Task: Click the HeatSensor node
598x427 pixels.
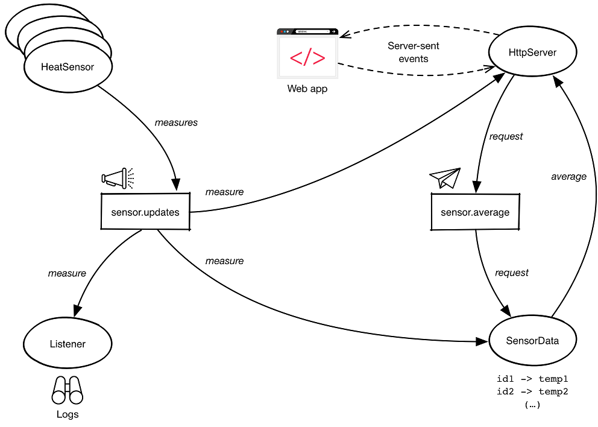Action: (68, 67)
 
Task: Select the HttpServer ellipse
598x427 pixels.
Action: (532, 53)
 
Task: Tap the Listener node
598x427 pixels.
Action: (68, 344)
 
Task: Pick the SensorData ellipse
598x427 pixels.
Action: (532, 341)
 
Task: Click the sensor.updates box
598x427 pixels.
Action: (145, 212)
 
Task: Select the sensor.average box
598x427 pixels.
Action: (475, 212)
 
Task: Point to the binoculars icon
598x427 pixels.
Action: (67, 391)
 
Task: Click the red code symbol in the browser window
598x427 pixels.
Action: (307, 59)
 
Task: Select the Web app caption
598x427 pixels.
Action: (307, 89)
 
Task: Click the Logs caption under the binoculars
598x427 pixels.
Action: (68, 414)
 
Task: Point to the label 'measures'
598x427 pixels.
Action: (176, 122)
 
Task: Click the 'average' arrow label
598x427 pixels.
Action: (568, 177)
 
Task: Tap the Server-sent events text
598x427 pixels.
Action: (414, 52)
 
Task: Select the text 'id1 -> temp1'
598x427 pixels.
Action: (532, 379)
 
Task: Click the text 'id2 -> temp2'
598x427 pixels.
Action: (532, 392)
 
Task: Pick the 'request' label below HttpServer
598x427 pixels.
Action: (506, 136)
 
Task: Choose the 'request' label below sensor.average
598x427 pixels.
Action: (512, 273)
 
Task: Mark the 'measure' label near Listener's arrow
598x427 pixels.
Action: (67, 273)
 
